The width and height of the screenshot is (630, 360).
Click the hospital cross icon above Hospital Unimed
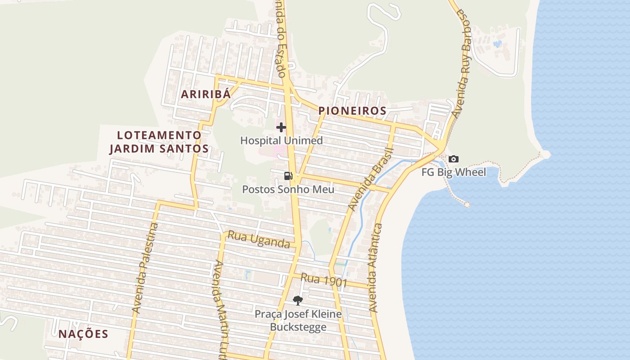click(x=281, y=127)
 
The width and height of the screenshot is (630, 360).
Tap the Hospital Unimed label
click(x=281, y=140)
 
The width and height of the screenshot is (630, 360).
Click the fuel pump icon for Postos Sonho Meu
click(x=288, y=175)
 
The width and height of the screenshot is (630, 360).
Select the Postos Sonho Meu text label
click(x=288, y=189)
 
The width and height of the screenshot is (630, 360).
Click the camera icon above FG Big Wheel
click(x=454, y=159)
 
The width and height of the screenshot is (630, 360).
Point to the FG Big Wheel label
click(x=454, y=172)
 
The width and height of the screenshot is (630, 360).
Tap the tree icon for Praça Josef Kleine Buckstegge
click(x=297, y=300)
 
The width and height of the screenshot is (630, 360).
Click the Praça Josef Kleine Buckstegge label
click(x=298, y=320)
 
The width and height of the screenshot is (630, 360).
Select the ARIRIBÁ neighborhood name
click(x=206, y=94)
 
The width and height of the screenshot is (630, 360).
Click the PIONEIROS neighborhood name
click(x=352, y=111)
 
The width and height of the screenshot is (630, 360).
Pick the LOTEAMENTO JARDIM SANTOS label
click(x=159, y=142)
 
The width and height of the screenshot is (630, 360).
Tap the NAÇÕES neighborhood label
click(x=83, y=334)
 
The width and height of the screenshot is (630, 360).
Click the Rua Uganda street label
click(x=258, y=239)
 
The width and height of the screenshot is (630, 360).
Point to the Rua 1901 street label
click(x=324, y=280)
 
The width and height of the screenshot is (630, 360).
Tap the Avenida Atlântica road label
click(x=375, y=268)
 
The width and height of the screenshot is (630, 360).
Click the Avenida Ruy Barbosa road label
click(x=462, y=63)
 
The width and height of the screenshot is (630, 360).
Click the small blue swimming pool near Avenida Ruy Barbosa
click(x=497, y=44)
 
